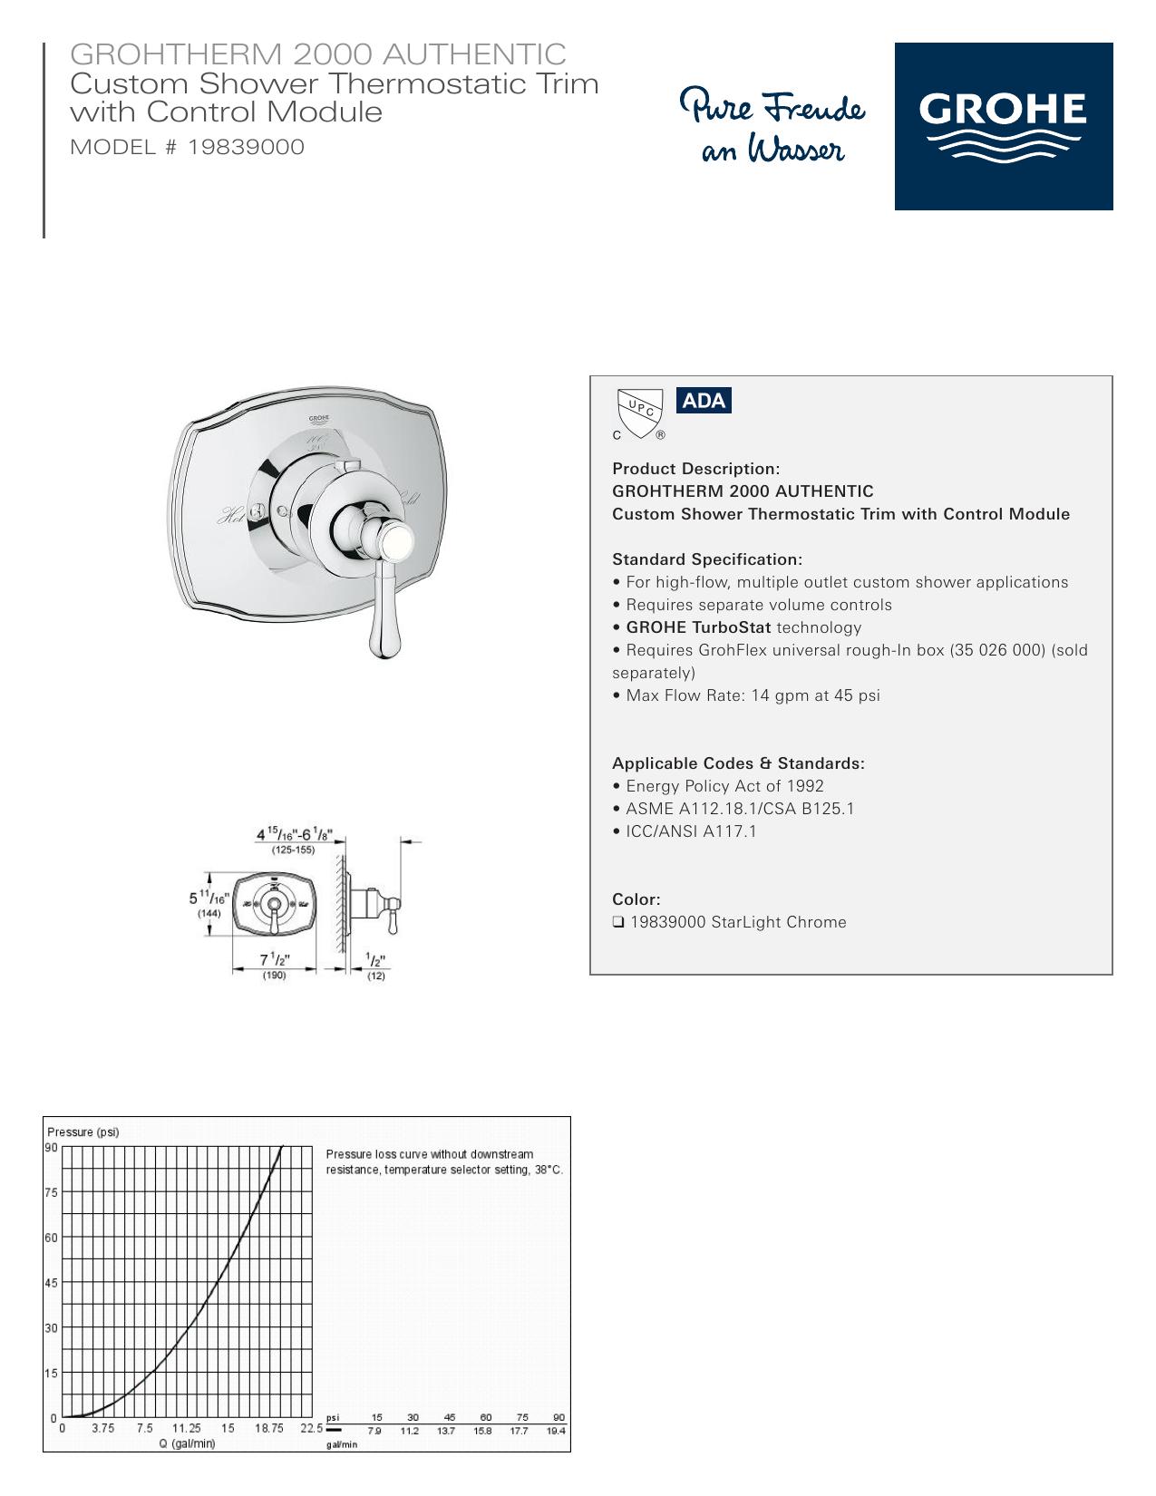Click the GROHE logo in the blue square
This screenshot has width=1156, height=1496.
pos(1003,126)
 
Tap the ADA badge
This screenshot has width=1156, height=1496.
pos(703,400)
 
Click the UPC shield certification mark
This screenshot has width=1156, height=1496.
pos(639,413)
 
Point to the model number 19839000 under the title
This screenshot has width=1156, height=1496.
pos(246,147)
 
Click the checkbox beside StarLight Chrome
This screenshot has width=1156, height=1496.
pos(617,922)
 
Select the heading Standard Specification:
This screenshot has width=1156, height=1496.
pos(707,559)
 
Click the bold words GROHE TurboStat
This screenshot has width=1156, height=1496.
pos(698,627)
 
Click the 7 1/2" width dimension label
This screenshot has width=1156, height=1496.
pos(275,959)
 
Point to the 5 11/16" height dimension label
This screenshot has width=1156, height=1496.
pos(209,898)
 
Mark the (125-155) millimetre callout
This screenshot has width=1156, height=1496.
pos(293,850)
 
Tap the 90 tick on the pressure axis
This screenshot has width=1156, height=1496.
pos(51,1147)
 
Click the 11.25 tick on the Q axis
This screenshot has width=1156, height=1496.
pos(186,1428)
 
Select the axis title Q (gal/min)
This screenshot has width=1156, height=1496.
pos(187,1443)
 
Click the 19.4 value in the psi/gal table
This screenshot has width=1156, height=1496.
pos(556,1431)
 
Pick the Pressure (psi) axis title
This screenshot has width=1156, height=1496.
pos(83,1132)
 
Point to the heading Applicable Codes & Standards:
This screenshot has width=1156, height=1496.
pos(738,763)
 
